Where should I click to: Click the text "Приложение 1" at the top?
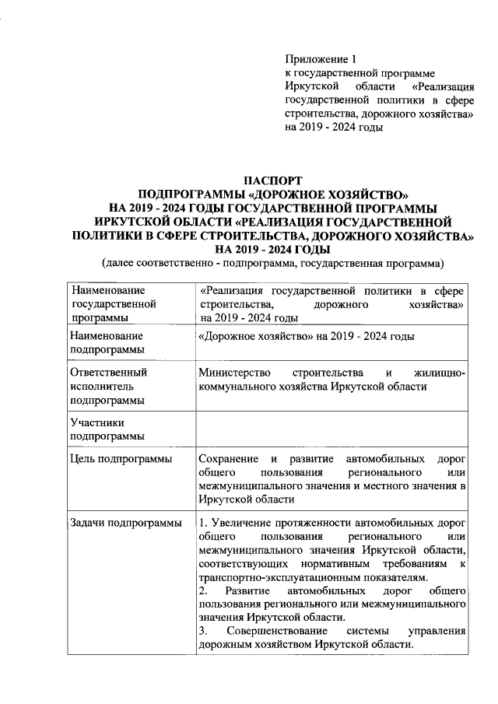click(320, 58)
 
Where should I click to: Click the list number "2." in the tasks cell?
click(203, 591)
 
